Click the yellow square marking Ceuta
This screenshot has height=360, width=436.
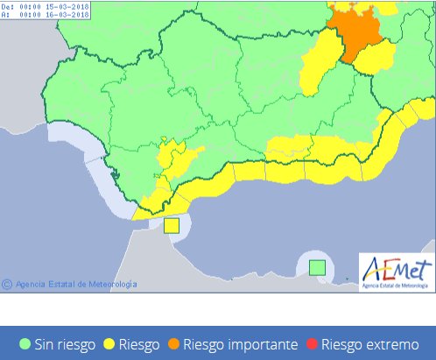click(x=172, y=225)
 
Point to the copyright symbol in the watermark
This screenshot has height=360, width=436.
click(x=6, y=284)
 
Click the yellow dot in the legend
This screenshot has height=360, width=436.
click(x=111, y=343)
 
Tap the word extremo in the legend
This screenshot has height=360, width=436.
click(x=401, y=343)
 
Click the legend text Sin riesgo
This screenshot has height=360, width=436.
click(x=64, y=343)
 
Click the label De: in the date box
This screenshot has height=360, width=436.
click(x=9, y=5)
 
